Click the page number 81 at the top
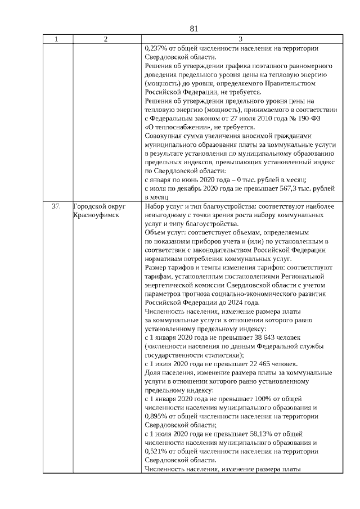[x=195, y=29]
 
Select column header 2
[x=106, y=39]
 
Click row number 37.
[x=56, y=206]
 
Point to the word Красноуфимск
[x=96, y=215]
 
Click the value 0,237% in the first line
[x=155, y=48]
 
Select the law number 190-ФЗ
[x=319, y=118]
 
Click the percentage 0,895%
[x=155, y=416]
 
